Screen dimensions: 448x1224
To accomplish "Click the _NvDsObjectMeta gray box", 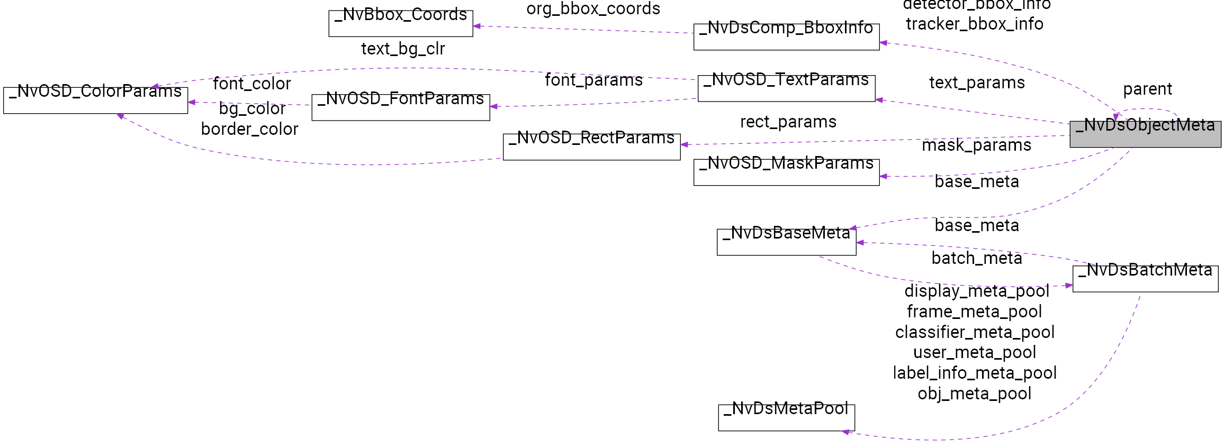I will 1145,134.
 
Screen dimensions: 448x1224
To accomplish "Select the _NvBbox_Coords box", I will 400,23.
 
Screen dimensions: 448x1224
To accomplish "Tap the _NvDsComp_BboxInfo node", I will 786,36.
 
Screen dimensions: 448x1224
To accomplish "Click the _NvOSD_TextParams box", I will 786,88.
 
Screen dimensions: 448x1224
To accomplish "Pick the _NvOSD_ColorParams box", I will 95,100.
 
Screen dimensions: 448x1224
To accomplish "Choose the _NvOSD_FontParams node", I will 400,107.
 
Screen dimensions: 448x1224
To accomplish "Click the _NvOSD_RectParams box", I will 591,147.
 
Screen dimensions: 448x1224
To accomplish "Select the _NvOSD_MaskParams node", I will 786,172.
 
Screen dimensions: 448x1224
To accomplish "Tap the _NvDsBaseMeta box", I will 786,242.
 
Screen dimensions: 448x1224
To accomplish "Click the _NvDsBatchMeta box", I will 1145,279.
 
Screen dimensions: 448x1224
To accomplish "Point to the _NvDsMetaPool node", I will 786,417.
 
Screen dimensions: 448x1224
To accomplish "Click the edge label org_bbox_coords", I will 593,9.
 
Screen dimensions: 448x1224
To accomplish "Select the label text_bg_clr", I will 403,49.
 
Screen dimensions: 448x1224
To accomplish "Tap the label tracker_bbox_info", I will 974,24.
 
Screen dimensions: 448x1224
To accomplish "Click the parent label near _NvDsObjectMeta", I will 1147,89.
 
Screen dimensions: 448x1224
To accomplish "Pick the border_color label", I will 249,129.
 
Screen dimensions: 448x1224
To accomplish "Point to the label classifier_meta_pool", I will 975,332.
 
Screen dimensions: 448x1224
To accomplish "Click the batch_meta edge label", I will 976,258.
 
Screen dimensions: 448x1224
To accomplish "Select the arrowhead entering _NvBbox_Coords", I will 476,26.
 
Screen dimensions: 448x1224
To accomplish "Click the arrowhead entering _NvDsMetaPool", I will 845,432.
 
